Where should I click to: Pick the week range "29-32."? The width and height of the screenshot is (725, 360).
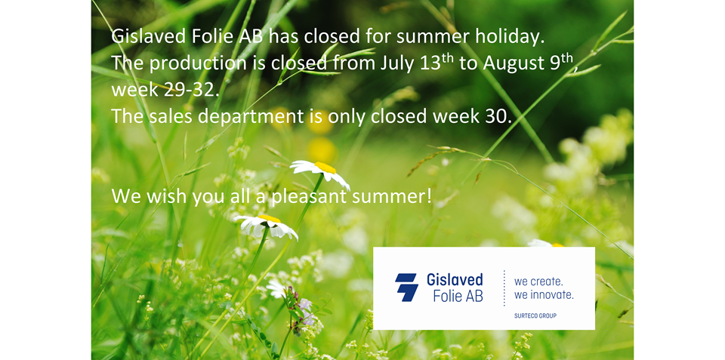click(190, 90)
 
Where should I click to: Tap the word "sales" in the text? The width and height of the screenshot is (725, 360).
click(173, 117)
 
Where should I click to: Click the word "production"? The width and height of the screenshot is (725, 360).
click(198, 64)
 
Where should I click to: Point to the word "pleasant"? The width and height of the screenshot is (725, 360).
click(310, 197)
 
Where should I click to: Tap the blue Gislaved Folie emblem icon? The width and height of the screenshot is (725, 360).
click(406, 287)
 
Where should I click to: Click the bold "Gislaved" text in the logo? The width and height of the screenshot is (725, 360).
click(455, 280)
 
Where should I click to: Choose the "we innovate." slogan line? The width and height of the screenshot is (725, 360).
click(544, 294)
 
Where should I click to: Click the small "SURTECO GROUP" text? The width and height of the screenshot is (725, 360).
click(535, 316)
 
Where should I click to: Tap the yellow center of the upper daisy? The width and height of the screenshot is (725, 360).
click(325, 168)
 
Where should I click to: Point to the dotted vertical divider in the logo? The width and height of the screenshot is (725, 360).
click(504, 288)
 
